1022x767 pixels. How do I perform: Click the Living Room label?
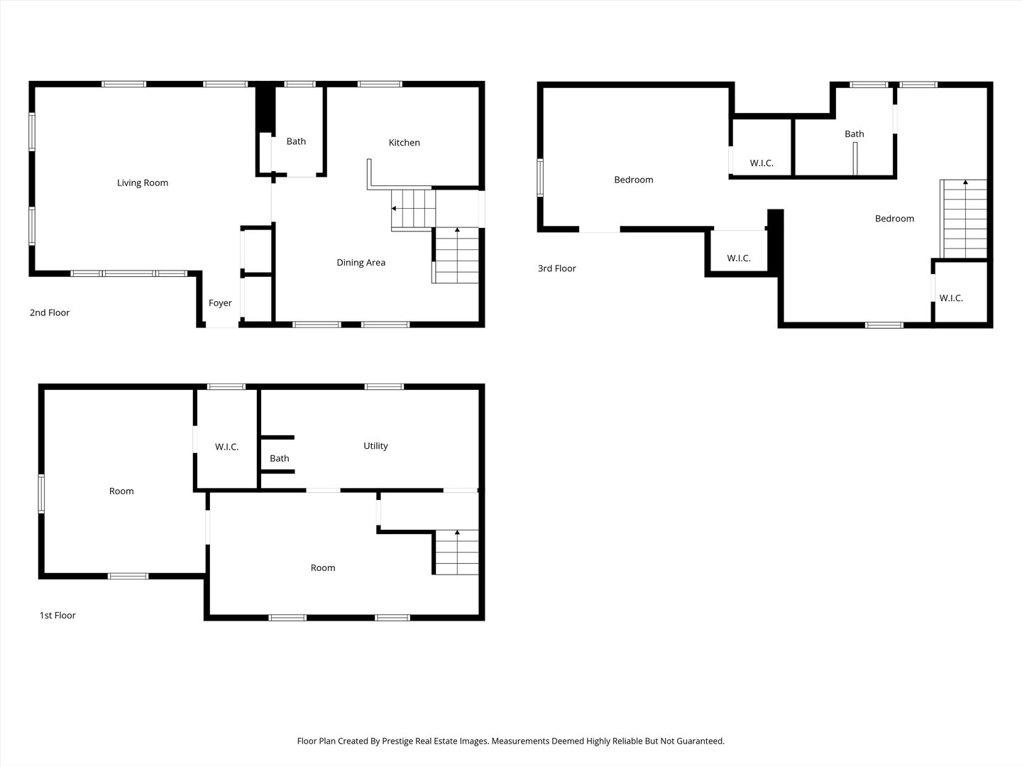(143, 183)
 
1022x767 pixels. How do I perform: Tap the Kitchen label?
(404, 143)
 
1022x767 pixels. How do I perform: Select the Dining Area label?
(361, 263)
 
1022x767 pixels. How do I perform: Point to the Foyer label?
(220, 303)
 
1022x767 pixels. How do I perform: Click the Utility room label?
(375, 446)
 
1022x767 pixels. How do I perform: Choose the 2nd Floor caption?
(50, 312)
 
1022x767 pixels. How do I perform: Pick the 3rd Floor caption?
(557, 268)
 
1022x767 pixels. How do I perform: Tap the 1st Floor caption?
(57, 615)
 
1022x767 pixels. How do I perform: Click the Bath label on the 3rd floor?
(855, 134)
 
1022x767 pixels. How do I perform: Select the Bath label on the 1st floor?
(280, 458)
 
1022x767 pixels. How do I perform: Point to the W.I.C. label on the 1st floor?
(226, 447)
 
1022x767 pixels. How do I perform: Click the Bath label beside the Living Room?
(296, 141)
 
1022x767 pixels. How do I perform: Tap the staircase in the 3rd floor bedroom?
(963, 219)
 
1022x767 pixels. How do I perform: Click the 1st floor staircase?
(456, 553)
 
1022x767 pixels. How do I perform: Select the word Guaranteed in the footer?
(700, 741)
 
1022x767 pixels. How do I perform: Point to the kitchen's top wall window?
(380, 85)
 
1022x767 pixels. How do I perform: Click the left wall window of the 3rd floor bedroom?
(540, 178)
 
